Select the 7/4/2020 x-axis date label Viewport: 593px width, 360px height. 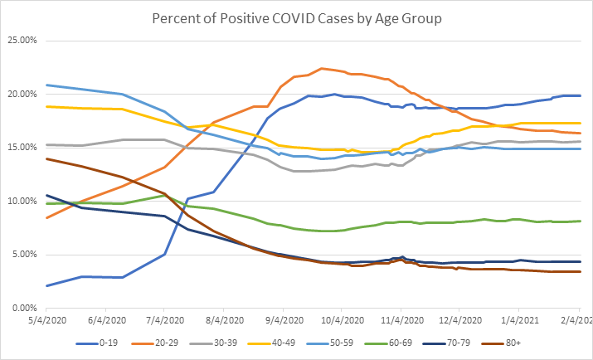[x=164, y=319]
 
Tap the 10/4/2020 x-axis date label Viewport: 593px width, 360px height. [x=342, y=319]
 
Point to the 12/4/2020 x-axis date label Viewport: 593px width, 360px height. [x=460, y=319]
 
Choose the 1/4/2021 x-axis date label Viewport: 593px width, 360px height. [x=520, y=319]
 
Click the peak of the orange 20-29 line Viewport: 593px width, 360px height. [x=321, y=68]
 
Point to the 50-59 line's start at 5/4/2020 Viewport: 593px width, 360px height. [x=46, y=85]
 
